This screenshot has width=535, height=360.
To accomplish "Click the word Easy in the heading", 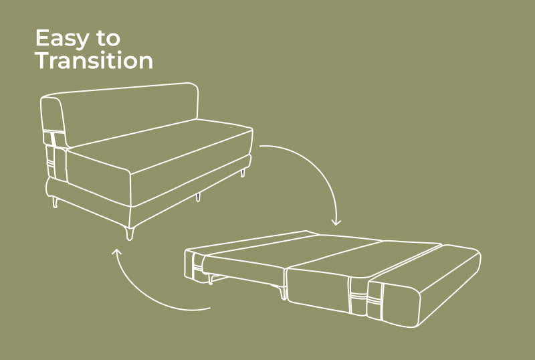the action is (62, 38).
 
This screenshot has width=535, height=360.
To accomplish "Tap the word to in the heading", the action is (108, 38).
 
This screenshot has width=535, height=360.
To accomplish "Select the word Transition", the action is (94, 60).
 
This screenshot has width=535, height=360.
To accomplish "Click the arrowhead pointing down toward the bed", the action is (336, 222).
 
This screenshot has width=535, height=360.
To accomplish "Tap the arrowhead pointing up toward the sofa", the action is (116, 252).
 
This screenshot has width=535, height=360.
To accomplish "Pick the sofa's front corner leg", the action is (129, 234).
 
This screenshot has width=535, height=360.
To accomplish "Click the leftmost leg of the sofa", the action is (55, 202).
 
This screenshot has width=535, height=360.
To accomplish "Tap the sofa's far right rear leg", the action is (243, 172).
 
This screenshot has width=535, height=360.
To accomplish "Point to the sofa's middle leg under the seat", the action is (198, 197).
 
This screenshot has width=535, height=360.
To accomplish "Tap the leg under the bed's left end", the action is (211, 279).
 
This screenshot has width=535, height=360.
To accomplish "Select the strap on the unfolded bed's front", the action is (358, 295).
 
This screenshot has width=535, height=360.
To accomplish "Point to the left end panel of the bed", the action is (195, 265).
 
